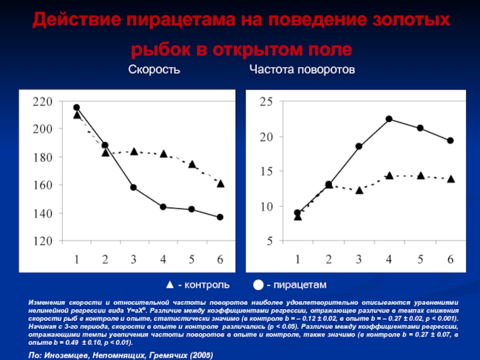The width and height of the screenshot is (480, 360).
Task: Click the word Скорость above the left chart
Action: coord(154,71)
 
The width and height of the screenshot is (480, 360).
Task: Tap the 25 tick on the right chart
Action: coord(266,103)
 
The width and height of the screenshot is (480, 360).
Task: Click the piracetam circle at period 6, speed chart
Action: coord(220,217)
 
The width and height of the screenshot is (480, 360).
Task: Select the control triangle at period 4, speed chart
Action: coord(163,154)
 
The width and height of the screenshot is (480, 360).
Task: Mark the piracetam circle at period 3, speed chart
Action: coord(134,188)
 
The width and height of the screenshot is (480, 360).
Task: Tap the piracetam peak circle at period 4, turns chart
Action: coord(389,119)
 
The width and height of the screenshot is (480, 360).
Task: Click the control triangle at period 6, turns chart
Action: coord(451,179)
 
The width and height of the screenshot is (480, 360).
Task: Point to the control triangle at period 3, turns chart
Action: coord(359,190)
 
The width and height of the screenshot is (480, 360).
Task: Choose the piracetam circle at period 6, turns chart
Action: coord(451,140)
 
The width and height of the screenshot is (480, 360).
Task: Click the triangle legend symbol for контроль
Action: coord(170,283)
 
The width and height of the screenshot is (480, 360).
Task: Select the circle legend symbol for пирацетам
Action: coord(257,283)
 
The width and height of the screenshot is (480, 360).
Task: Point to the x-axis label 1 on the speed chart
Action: coord(77,260)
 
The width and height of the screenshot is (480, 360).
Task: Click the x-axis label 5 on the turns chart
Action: coord(420,259)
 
